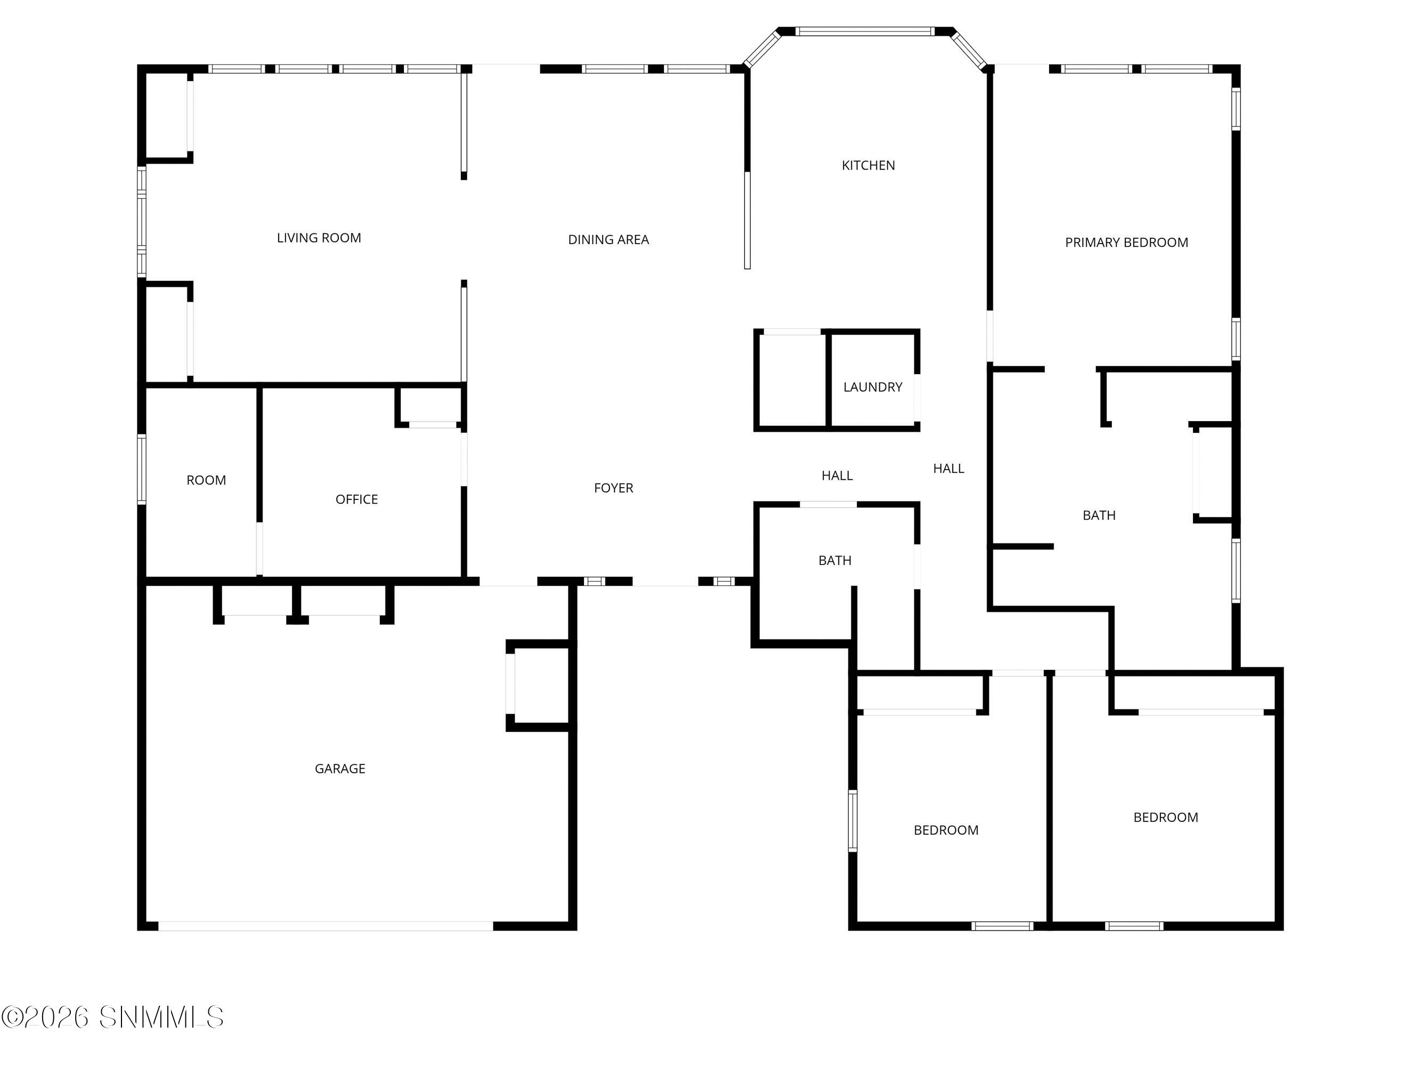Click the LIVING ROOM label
tap(319, 238)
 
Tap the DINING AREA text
tap(608, 240)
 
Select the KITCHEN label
tap(868, 165)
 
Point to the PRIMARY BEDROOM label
tap(1126, 242)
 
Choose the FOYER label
tap(613, 488)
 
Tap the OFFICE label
tap(356, 499)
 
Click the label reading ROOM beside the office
tap(206, 480)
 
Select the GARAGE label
tap(340, 769)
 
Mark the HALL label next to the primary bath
tap(948, 469)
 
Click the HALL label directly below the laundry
tap(837, 475)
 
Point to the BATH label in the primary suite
tap(1099, 515)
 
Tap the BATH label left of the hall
tap(834, 560)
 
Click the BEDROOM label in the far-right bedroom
tap(1165, 817)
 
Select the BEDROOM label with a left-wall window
tap(946, 830)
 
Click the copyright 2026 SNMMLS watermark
tap(112, 1017)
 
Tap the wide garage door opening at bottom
tap(326, 926)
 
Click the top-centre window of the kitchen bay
tap(865, 31)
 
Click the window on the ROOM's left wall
tap(142, 469)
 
